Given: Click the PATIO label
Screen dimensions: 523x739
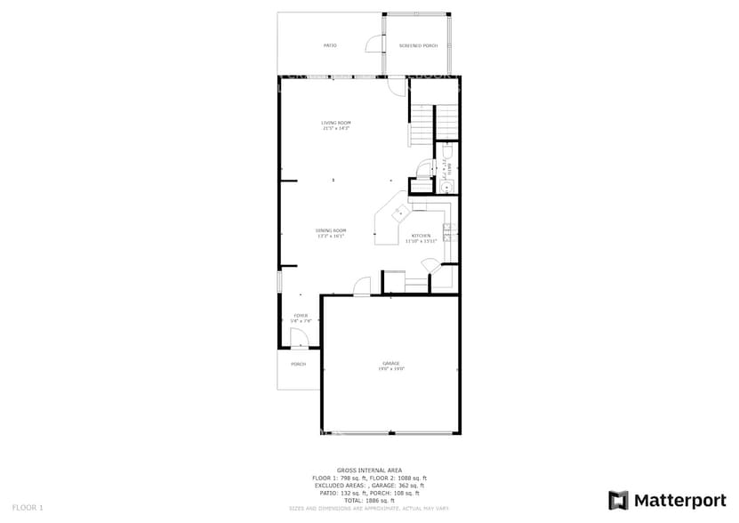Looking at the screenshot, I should click(329, 45).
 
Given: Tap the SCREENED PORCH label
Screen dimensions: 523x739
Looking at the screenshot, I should click(418, 45).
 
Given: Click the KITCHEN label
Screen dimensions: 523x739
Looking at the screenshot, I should click(421, 236).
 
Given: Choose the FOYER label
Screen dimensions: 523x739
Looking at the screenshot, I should click(301, 316).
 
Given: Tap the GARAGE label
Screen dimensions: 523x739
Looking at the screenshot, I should click(390, 363).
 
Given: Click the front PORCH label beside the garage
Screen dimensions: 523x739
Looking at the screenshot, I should click(298, 364).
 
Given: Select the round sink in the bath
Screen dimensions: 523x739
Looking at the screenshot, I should click(447, 186).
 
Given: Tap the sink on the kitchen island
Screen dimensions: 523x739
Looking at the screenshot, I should click(399, 213).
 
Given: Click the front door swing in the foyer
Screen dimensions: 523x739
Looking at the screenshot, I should click(298, 338).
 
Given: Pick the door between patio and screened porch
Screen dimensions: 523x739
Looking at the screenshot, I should click(375, 44).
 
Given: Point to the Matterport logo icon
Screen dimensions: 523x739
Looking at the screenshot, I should click(618, 500).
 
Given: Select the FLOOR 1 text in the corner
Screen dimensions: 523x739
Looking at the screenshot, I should click(28, 507).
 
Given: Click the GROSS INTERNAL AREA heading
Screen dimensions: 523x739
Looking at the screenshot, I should click(369, 470).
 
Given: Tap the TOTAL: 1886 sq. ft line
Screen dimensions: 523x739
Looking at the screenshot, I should click(369, 500).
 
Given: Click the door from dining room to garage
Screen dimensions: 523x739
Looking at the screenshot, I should click(362, 286).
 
